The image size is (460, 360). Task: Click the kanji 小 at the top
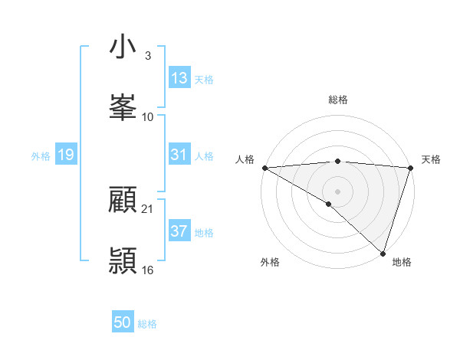[x=123, y=47]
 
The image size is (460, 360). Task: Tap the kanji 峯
[x=123, y=107]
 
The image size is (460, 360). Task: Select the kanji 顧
[x=123, y=201]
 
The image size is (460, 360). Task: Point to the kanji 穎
[x=123, y=260]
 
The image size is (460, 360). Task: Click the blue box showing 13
[x=179, y=78]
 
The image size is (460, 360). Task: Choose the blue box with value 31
[x=179, y=155]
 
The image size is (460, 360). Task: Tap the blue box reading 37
[x=179, y=231]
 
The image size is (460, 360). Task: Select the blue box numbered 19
[x=65, y=155]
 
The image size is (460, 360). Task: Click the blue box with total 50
[x=123, y=322]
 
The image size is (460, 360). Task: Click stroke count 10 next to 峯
[x=148, y=117]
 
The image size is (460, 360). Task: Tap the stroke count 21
[x=148, y=209]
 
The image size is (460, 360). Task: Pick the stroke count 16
[x=148, y=270]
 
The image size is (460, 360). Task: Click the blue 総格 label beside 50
[x=147, y=324]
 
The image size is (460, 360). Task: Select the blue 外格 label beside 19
[x=41, y=156]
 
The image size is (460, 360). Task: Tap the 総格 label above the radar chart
[x=338, y=100]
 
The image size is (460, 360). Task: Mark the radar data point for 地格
[x=383, y=253]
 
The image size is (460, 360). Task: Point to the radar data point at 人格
[x=264, y=168]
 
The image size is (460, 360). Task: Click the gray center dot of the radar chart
[x=337, y=190]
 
